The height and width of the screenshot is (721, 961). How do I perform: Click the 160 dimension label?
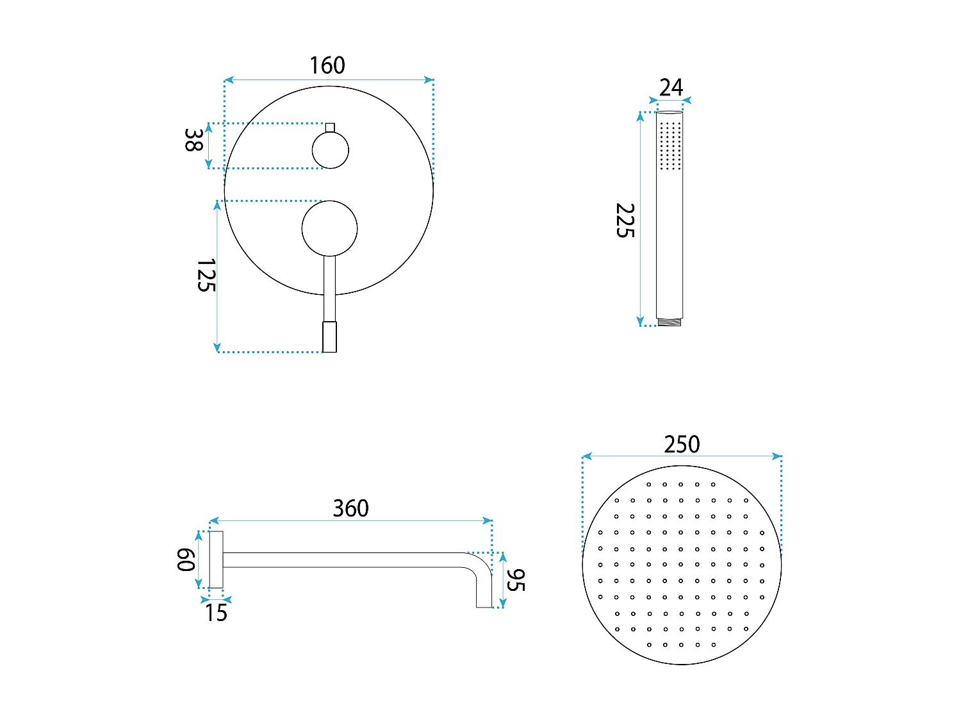coord(327,65)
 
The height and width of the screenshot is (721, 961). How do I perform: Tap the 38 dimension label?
coord(193,140)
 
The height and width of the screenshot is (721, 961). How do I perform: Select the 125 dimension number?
coord(206,275)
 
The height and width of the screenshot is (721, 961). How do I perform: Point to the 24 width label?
coord(671,88)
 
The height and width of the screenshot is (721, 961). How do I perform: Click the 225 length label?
coord(625,220)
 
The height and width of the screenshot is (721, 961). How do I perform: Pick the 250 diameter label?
coord(682,444)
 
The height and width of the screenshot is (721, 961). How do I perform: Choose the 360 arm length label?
coord(350,508)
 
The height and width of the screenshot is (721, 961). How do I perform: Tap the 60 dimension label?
coord(186,559)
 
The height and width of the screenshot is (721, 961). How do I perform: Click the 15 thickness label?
coord(216,613)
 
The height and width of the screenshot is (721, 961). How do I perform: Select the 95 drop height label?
coord(515,580)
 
